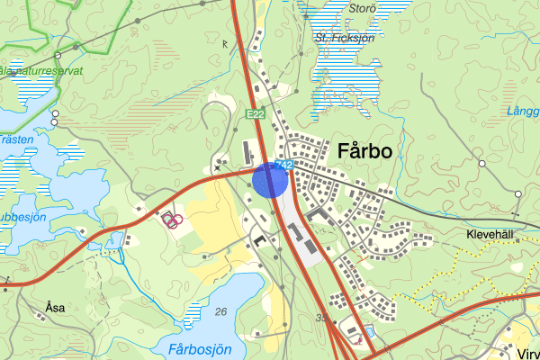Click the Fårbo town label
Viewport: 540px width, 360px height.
point(364,152)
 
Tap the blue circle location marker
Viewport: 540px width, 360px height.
point(269,179)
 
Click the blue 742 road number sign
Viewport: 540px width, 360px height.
point(285,165)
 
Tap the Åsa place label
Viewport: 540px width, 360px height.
point(54,307)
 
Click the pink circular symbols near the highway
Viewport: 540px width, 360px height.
point(172,219)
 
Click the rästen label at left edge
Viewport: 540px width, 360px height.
point(16,140)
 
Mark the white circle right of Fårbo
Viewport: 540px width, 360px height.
point(481,163)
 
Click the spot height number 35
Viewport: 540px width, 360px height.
point(323,318)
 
